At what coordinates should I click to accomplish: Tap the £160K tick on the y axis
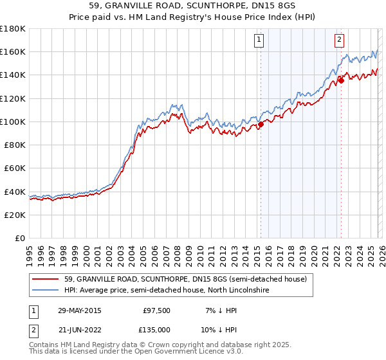(14, 52)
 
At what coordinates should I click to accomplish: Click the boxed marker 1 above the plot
(259, 40)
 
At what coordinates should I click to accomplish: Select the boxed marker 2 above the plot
(339, 40)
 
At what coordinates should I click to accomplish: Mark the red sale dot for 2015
(261, 125)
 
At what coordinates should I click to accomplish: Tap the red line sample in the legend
(46, 280)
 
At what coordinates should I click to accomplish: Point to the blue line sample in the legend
(46, 291)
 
